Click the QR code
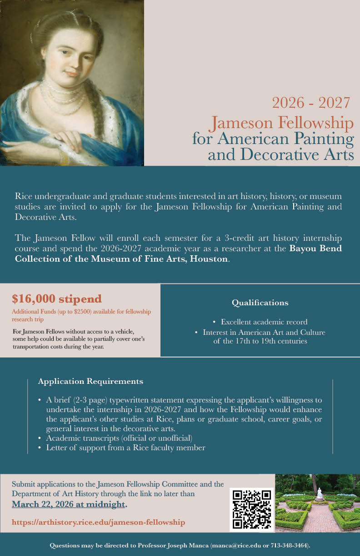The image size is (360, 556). click(x=252, y=509)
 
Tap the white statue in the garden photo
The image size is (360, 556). click(x=320, y=493)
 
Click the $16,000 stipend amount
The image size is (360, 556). click(x=57, y=299)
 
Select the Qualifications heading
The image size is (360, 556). click(x=260, y=303)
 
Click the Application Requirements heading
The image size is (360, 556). click(x=90, y=381)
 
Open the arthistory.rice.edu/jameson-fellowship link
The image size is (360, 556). click(x=98, y=522)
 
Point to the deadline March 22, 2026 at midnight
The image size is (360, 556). click(x=69, y=504)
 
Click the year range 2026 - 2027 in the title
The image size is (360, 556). click(x=311, y=103)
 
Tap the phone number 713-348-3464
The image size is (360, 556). click(x=289, y=545)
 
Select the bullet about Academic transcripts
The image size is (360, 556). click(x=119, y=438)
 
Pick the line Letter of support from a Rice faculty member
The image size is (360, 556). click(x=125, y=448)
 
